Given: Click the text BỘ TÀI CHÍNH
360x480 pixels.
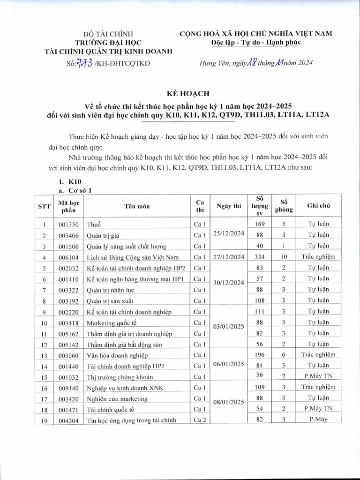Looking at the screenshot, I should tap(108, 34).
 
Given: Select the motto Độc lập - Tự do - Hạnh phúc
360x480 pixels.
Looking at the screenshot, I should tap(256, 43).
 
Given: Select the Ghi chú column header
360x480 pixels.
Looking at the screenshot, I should tap(319, 206).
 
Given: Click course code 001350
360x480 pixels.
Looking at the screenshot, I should tap(69, 224).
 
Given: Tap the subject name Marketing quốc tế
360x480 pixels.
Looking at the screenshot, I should tap(111, 322).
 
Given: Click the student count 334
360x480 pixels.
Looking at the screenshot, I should tap(260, 256).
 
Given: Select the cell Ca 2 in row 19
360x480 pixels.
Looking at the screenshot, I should tap(200, 420).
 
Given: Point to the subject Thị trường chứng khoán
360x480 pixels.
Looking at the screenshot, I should tap(120, 377).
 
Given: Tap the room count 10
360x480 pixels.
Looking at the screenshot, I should tap(284, 256).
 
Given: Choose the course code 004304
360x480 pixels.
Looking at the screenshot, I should tap(69, 420).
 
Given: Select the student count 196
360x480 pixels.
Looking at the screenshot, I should tap(260, 355).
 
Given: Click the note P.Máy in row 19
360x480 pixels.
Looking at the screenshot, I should tap(319, 420).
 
